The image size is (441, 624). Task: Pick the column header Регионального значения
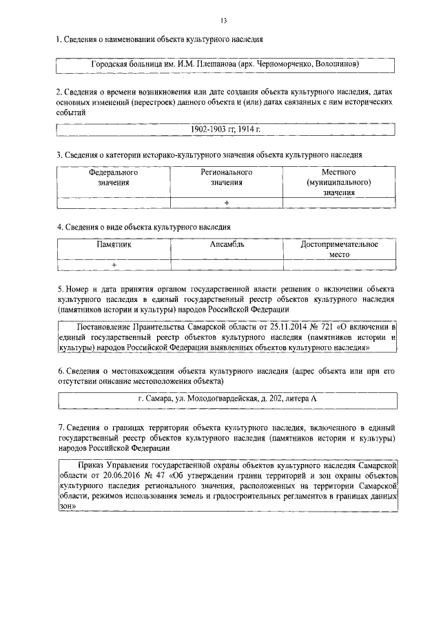[x=227, y=178]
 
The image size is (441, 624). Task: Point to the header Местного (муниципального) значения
[x=338, y=183]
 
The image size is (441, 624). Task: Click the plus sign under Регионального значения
[x=227, y=202]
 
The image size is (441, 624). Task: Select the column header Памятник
[x=114, y=244]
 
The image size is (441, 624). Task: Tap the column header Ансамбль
[x=227, y=244]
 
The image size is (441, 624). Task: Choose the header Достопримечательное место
[x=339, y=249]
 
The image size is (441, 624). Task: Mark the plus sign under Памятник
[x=114, y=264]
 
